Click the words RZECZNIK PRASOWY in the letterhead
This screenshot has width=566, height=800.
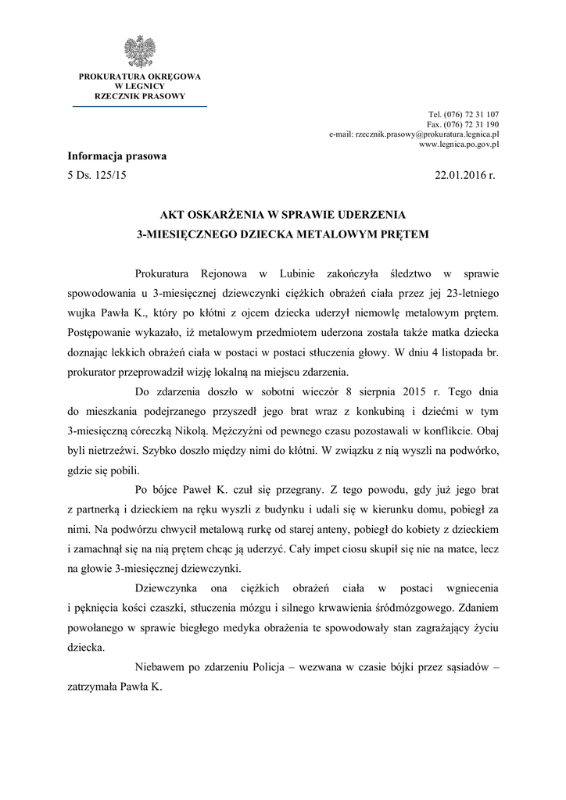point(140,96)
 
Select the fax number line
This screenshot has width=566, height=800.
point(463,124)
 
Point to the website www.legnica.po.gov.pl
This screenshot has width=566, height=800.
point(459,145)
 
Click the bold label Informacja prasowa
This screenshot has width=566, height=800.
point(117,156)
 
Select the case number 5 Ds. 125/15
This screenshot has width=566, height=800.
point(98,176)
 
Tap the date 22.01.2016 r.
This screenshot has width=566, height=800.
point(465,176)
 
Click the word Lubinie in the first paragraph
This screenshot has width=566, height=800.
point(298,273)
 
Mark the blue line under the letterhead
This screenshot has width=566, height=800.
point(140,105)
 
